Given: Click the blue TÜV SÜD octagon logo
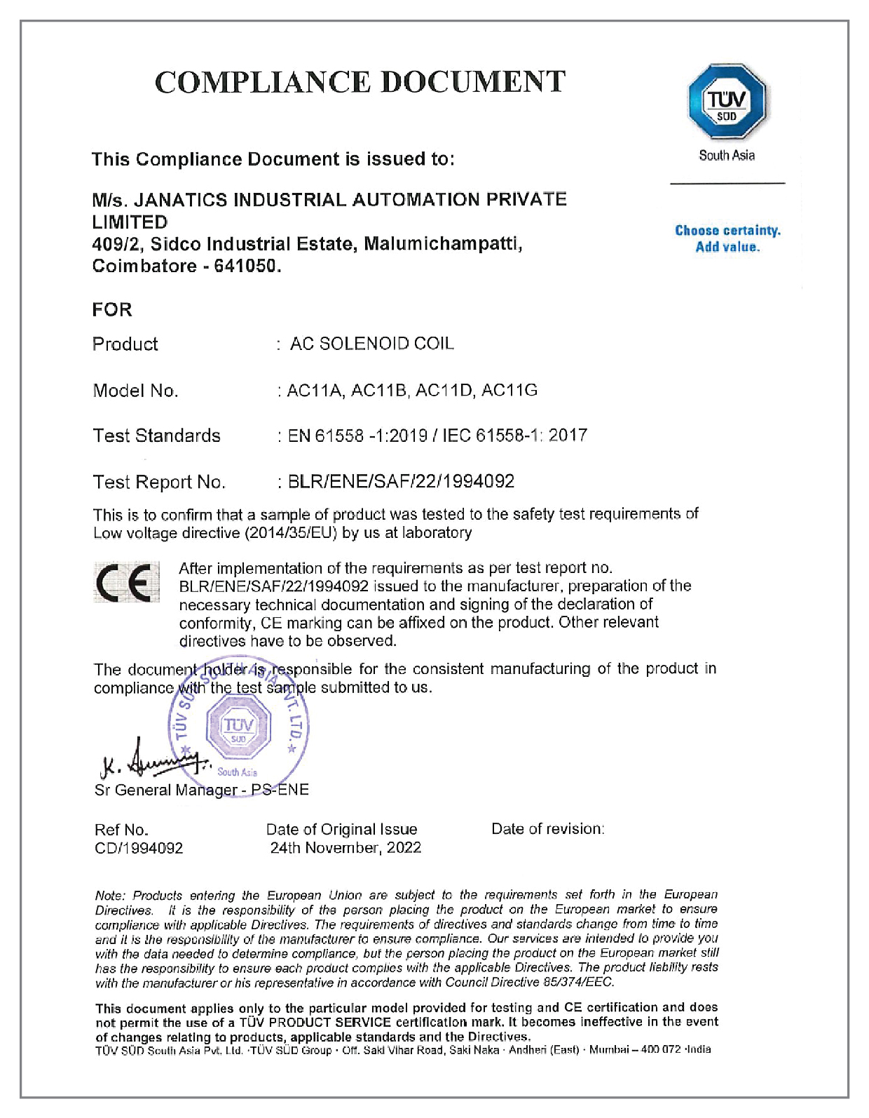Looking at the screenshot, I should (727, 102).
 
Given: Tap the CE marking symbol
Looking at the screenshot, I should (126, 582).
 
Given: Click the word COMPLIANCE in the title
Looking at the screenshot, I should (263, 82).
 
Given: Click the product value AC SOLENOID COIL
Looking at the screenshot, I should (372, 344).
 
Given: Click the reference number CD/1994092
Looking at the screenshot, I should (139, 848).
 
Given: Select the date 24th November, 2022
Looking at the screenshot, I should (345, 847).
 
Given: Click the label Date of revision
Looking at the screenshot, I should (547, 829).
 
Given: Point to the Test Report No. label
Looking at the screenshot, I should (159, 482).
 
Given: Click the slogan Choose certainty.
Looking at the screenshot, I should (727, 231).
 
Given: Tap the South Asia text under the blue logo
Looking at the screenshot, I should (727, 155).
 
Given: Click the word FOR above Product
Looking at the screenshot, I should (112, 309).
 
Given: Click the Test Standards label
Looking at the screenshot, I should (157, 436).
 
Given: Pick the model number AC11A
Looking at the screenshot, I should (315, 390).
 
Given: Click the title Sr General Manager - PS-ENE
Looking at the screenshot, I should (202, 790).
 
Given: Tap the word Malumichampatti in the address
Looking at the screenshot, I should (443, 244).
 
